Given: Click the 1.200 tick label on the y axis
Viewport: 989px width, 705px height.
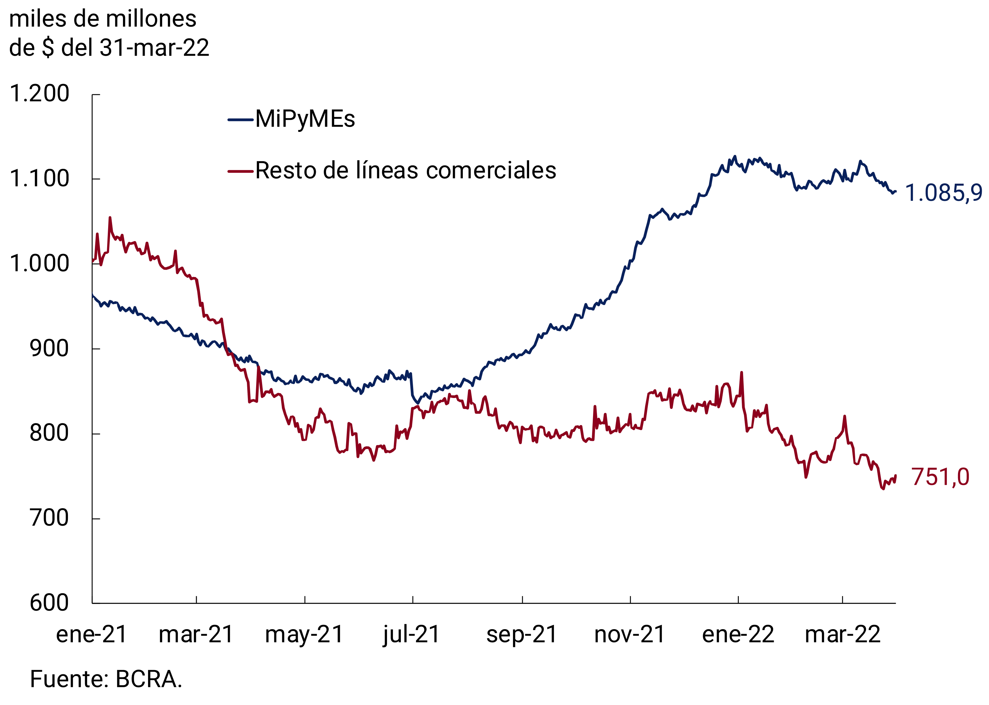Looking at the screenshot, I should coord(39,94).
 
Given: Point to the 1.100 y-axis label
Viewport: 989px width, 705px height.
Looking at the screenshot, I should coord(39,179).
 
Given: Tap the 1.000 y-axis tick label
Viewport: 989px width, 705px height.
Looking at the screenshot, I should coord(39,263).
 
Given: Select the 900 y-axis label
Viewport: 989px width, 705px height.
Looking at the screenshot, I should coord(49,349).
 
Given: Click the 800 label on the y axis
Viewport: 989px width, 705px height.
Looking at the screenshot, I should coord(49,433).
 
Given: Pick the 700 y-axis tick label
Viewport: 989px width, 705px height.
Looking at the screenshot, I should coord(49,518).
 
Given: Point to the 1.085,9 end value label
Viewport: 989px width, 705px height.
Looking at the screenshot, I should coord(944,193).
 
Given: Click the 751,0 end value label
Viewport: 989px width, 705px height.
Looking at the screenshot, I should coord(940,477).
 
